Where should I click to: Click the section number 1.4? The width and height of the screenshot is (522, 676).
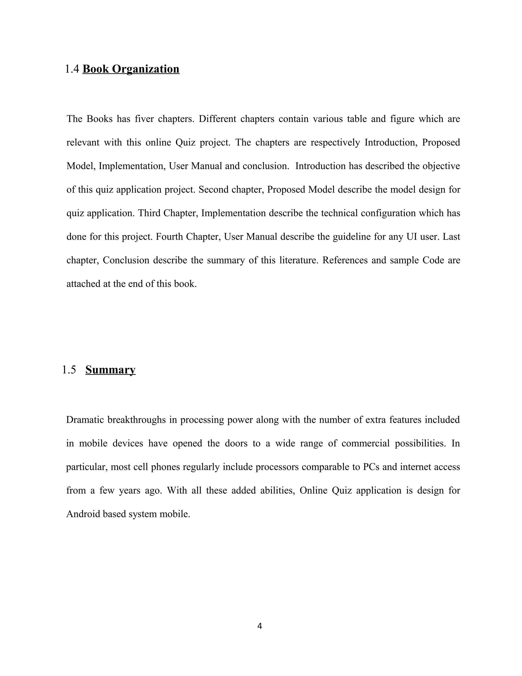(72, 69)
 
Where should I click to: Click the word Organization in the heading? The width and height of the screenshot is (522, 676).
(145, 69)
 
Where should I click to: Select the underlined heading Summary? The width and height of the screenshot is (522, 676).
(110, 370)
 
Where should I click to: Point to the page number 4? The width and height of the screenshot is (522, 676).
(259, 626)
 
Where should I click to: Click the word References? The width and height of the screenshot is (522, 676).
(345, 260)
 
